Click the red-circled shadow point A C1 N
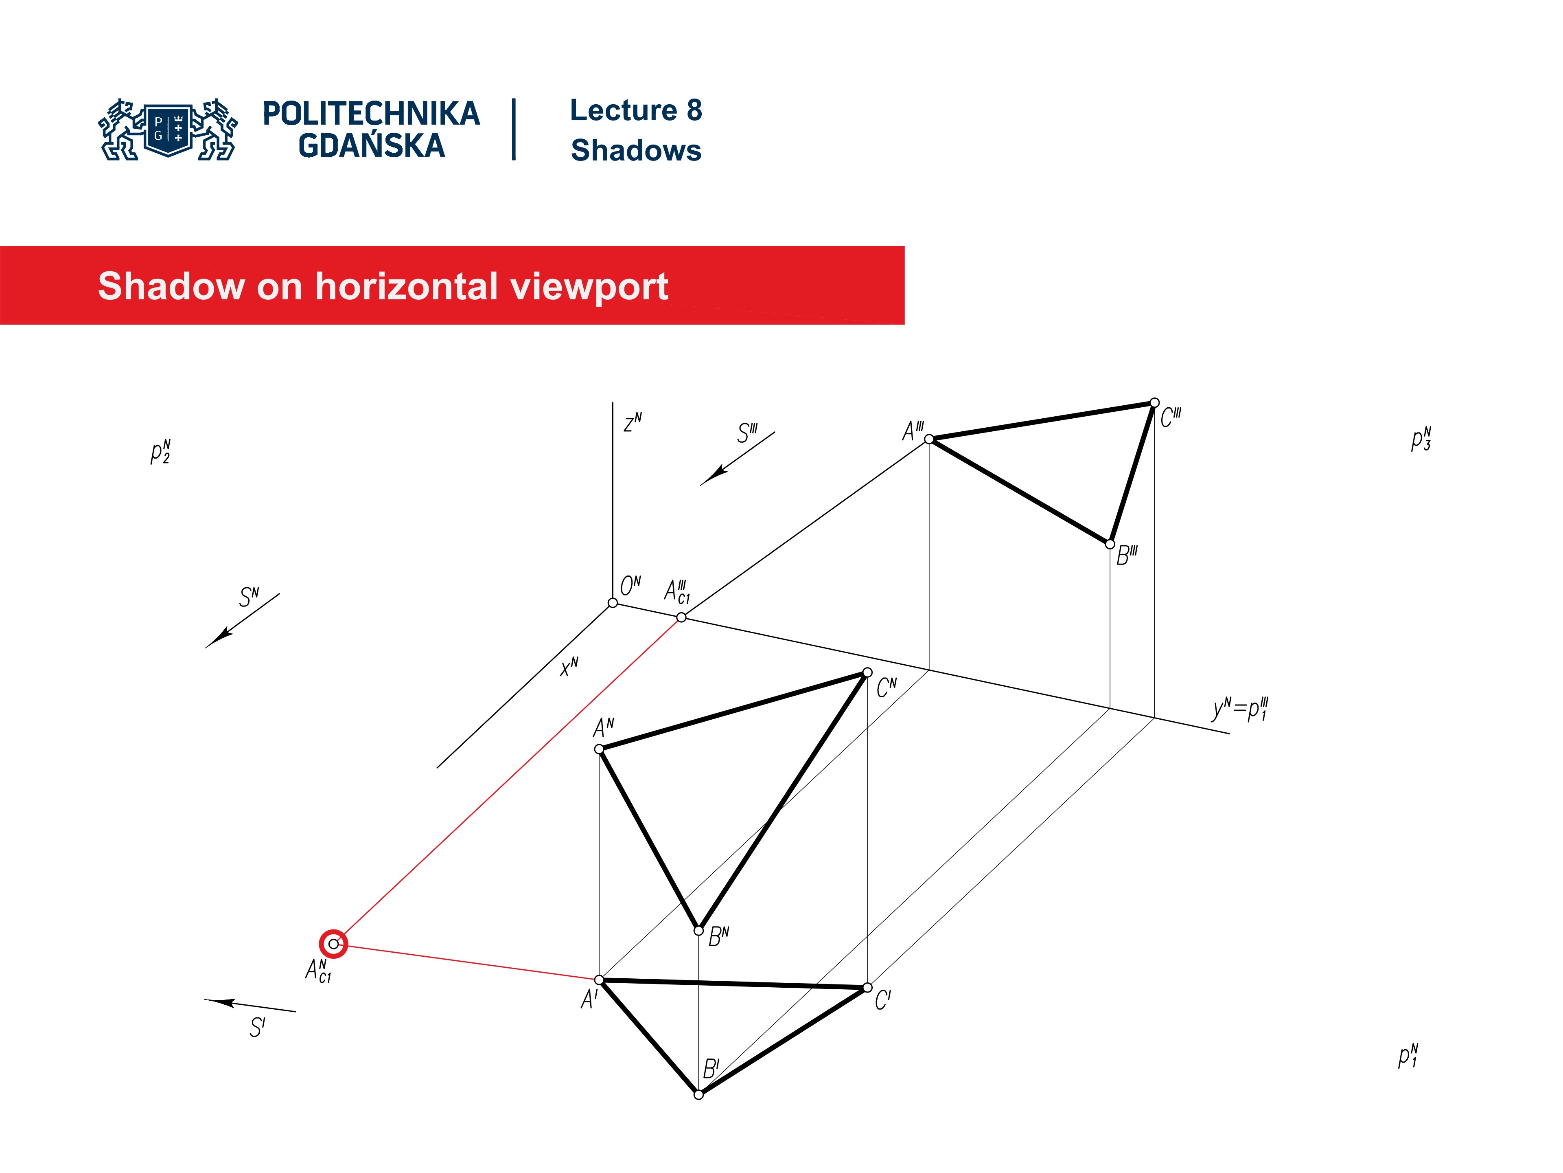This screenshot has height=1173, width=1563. (333, 944)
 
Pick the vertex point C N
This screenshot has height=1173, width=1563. (868, 672)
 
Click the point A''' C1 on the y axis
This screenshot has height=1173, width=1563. (681, 617)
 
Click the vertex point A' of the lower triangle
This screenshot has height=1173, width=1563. (599, 980)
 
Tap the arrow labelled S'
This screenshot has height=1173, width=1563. (250, 1006)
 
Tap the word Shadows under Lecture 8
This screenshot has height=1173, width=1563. (636, 151)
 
